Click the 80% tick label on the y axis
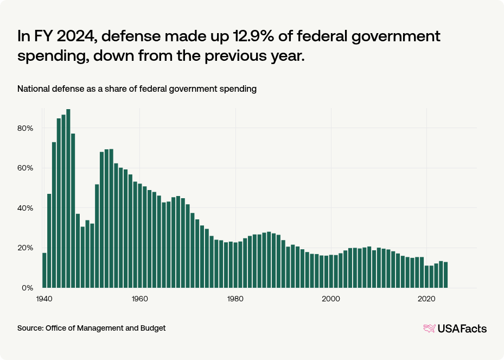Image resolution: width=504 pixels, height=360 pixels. click(x=25, y=128)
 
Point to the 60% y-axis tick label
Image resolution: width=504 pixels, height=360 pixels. click(x=25, y=168)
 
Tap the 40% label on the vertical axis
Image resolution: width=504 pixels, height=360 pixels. click(x=25, y=208)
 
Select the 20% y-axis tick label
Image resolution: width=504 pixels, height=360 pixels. click(x=25, y=248)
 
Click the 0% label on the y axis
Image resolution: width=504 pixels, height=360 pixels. click(x=27, y=288)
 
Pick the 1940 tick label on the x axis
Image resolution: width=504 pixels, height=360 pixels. click(x=44, y=299)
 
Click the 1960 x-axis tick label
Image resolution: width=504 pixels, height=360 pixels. click(x=140, y=299)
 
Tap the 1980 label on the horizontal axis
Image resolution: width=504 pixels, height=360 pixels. click(x=235, y=299)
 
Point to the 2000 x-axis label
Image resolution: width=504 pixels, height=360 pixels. click(x=331, y=299)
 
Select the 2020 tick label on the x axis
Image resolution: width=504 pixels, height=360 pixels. click(x=426, y=299)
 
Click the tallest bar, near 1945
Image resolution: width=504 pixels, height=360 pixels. click(x=68, y=198)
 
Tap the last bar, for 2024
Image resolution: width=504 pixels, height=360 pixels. click(x=445, y=275)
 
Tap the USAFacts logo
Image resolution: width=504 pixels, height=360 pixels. click(x=455, y=328)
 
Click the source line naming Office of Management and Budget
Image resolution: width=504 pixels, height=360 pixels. click(x=92, y=328)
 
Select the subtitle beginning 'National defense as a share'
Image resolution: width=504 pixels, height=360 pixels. click(x=137, y=89)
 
